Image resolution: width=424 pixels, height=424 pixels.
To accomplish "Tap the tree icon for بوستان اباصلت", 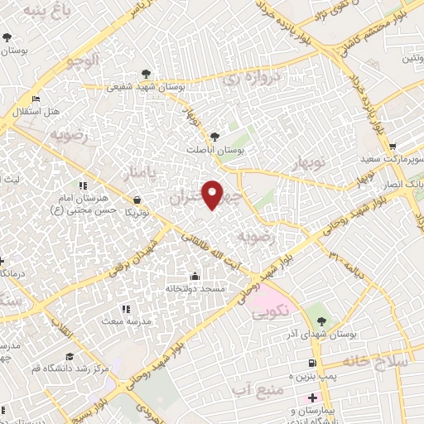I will coord(215,136).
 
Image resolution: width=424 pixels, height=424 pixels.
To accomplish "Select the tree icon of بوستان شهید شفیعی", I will coord(147,74).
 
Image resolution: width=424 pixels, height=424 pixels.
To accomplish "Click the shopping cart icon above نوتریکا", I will coord(136,200).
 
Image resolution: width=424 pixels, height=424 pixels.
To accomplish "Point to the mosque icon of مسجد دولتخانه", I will coord(195,276).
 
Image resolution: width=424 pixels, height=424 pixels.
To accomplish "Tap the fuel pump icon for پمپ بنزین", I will coord(311,363).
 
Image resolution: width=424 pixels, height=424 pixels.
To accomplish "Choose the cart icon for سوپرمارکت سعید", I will coord(393,145).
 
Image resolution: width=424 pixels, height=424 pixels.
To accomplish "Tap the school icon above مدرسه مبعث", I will coord(127,309).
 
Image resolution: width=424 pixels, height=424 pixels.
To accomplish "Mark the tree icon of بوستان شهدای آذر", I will coord(321,321).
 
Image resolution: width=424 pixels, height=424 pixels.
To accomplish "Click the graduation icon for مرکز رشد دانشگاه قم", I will coord(70,356).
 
